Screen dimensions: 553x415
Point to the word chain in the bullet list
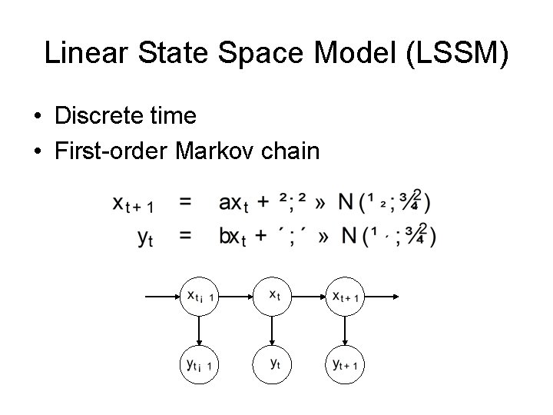coord(293,151)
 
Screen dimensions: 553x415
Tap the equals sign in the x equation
coord(185,202)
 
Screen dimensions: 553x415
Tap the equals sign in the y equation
coord(185,236)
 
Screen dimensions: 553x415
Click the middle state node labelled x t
coord(272,296)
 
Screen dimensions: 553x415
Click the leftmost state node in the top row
coord(199,296)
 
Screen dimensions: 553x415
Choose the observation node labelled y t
coord(272,364)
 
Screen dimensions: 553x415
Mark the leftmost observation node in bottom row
coord(199,364)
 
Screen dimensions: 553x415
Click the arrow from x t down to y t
coord(272,330)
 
